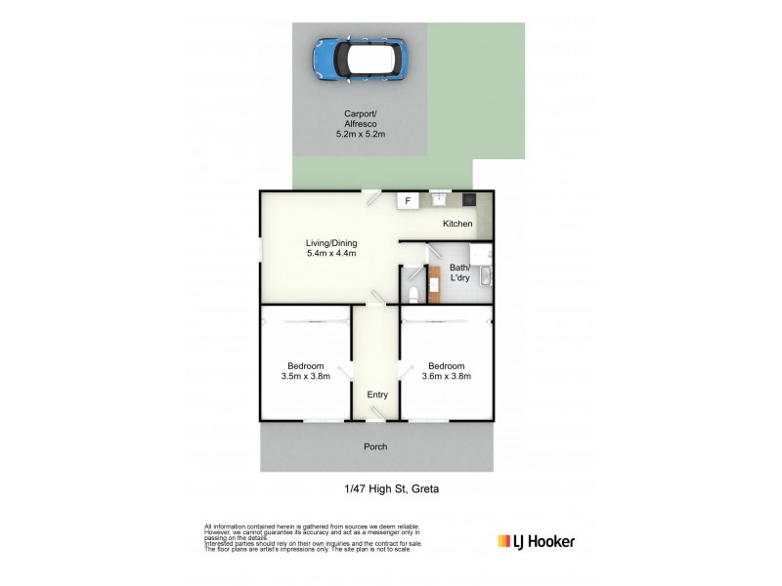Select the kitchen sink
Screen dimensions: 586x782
click(439, 200)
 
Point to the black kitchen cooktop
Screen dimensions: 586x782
click(469, 200)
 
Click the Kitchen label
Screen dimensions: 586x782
click(457, 225)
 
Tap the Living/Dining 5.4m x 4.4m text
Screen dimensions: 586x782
click(330, 248)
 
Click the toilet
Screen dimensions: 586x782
click(413, 291)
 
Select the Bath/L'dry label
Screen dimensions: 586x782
click(459, 272)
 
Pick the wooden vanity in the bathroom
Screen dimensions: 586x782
click(434, 284)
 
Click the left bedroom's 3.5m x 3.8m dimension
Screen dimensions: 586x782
click(305, 376)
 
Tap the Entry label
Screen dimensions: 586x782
click(377, 395)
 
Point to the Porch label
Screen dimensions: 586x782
click(375, 446)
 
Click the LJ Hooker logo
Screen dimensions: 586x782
click(536, 541)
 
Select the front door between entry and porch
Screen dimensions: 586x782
click(376, 417)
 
